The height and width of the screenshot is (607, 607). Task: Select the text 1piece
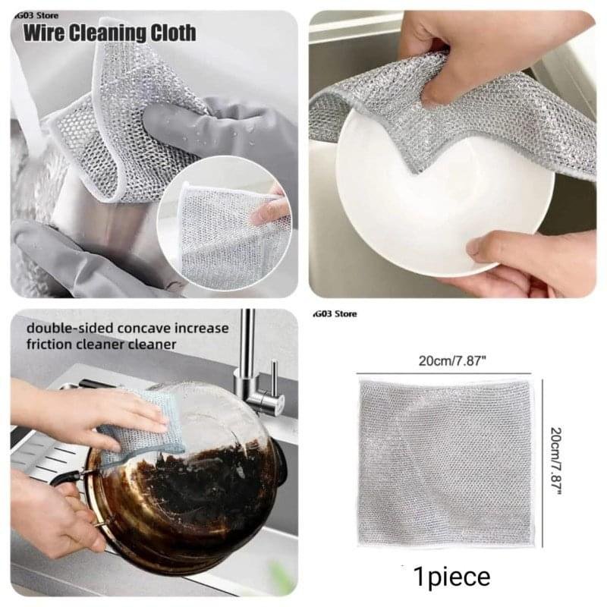point(451,577)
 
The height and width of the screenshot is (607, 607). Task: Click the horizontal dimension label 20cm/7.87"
point(451,361)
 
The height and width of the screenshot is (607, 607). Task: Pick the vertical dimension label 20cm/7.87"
point(555,461)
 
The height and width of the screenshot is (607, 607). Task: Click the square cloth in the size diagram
point(445,464)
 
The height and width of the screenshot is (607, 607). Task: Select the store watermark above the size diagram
point(335,313)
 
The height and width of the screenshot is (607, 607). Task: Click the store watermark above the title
point(36,16)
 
